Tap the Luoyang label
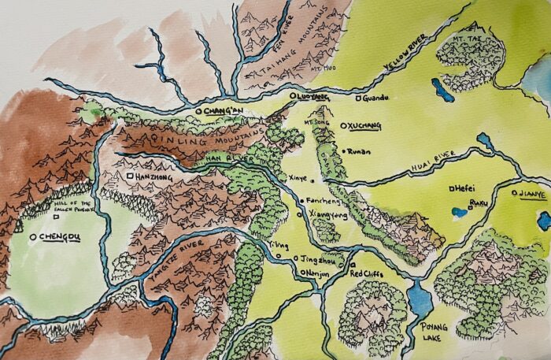[309, 95]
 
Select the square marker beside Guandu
[359, 99]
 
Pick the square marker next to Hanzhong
[129, 177]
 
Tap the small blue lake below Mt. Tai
[442, 91]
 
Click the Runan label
[358, 150]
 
